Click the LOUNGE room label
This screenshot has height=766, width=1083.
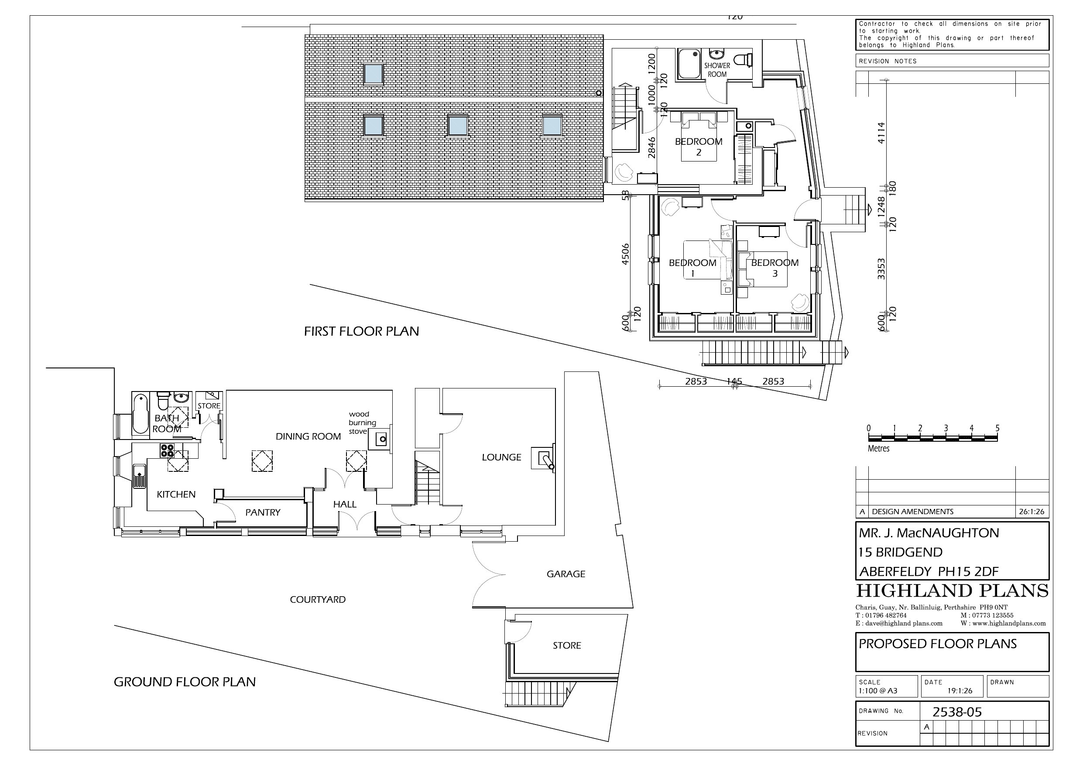coord(501,457)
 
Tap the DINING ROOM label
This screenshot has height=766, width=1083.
coord(308,436)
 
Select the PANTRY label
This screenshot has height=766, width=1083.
coord(263,512)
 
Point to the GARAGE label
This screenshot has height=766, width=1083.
coord(565,574)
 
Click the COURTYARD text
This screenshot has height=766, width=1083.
coord(318,599)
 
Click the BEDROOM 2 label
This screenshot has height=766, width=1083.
coord(699,146)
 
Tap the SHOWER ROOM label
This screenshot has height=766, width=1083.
coord(717,70)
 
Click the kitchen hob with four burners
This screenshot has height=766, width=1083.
coord(167,450)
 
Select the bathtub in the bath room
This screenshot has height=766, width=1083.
coord(141,414)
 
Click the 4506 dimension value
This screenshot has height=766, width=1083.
coord(625,254)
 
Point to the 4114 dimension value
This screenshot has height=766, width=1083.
coord(881,133)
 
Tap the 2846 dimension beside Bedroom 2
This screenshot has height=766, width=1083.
coord(651,147)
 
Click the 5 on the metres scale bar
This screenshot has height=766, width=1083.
coord(997,428)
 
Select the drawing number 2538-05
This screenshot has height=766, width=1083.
coord(957,712)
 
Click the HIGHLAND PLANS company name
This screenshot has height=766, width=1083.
coord(952,591)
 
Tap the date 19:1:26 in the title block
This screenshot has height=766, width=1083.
coord(960,690)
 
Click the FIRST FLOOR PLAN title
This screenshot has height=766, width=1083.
coord(361,331)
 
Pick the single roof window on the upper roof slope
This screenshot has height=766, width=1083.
coord(373,74)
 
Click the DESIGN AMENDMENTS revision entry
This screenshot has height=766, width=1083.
coord(912,512)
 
